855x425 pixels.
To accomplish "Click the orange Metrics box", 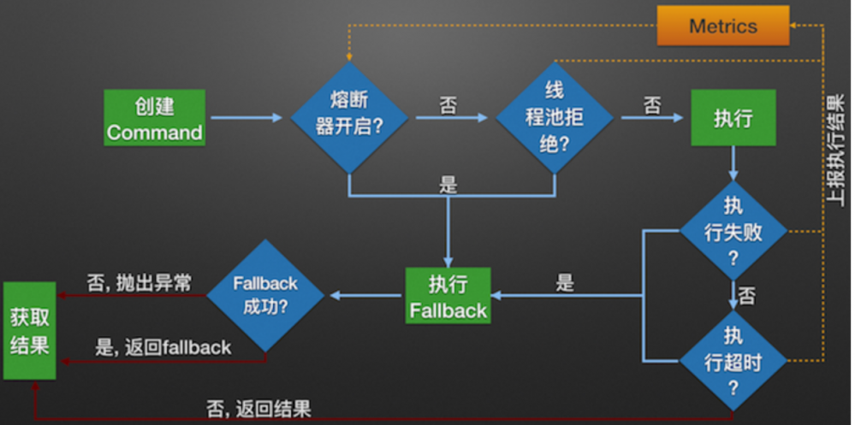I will [722, 26].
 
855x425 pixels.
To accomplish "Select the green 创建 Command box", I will [155, 118].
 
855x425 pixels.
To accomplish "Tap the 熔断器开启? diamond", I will [349, 116].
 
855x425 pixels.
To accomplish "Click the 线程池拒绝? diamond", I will [555, 116].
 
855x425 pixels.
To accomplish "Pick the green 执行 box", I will [733, 118].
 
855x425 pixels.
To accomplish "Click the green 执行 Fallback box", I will [448, 296].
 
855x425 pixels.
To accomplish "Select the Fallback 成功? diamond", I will [265, 295].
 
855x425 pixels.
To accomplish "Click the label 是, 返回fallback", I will [163, 346].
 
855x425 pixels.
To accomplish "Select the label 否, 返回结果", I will [258, 408].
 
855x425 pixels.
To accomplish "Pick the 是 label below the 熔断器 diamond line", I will [448, 185].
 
